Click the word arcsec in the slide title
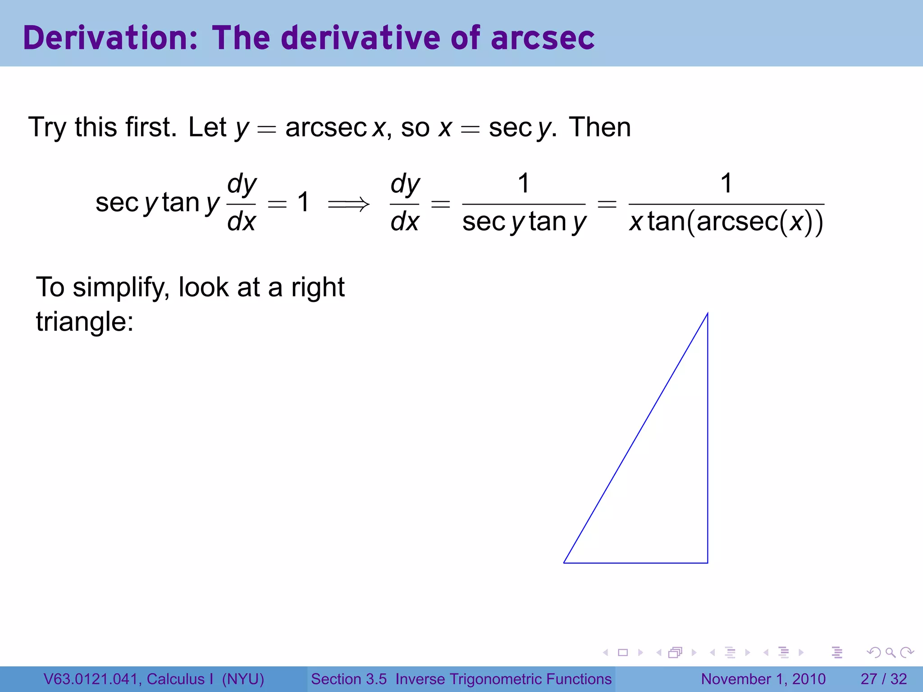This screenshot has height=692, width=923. [543, 38]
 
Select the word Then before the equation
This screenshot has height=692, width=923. [599, 127]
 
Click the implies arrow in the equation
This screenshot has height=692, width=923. [348, 205]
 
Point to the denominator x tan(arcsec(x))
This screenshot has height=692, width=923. [726, 222]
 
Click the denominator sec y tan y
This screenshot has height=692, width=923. [524, 222]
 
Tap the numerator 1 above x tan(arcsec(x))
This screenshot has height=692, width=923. [726, 183]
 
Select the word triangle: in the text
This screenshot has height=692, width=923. [85, 322]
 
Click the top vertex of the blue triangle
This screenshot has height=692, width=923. [707, 314]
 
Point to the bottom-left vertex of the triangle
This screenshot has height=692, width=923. [564, 563]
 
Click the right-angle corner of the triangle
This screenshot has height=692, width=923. [707, 563]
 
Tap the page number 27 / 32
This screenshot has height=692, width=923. [883, 679]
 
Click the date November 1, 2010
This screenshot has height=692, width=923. [763, 679]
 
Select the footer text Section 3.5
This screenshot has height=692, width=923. [349, 679]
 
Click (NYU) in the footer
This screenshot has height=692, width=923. [243, 679]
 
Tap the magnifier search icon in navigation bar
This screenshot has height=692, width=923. [890, 652]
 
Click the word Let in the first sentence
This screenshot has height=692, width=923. [207, 127]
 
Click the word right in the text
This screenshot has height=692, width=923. [318, 287]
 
